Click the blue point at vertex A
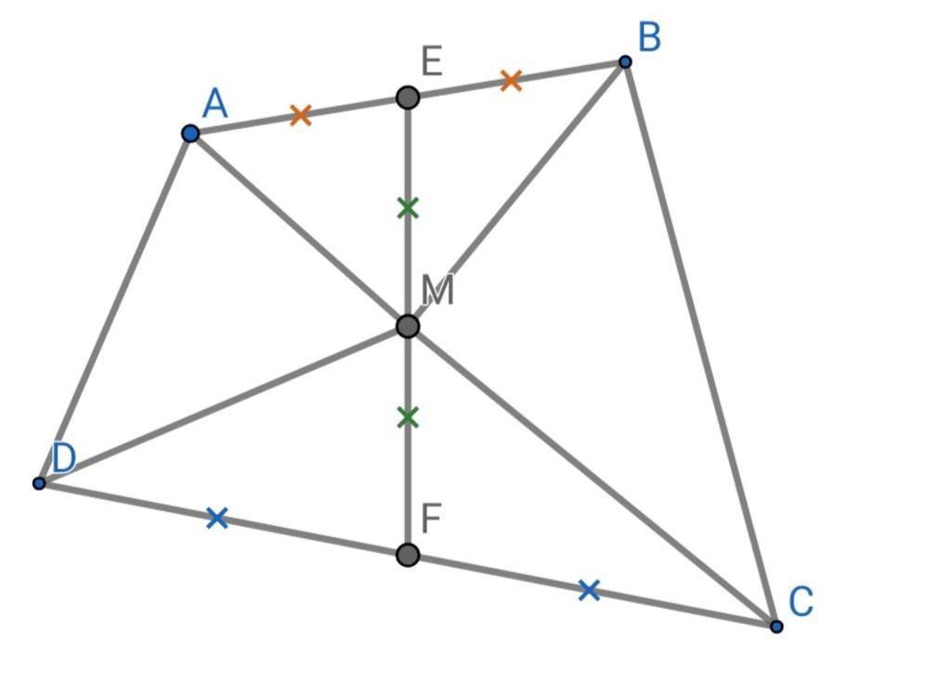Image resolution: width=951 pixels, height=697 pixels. point(190,134)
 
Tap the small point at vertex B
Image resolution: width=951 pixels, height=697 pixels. point(625,62)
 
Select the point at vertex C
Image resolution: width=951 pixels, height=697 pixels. point(776,626)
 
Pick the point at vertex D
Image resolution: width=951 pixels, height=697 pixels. point(39,483)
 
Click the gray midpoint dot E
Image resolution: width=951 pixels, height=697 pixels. point(408,97)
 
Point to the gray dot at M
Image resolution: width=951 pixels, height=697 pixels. point(408,326)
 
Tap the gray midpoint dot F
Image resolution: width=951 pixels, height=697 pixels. point(408,555)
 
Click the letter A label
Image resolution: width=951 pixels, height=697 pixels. point(215,103)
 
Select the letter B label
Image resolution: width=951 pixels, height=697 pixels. point(649,38)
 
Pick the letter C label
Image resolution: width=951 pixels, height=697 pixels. point(801,602)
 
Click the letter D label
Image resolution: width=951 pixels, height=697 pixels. point(63,458)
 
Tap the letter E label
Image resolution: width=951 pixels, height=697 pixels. point(431,62)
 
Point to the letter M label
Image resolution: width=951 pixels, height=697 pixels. point(437,291)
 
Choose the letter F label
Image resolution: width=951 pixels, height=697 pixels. point(431,519)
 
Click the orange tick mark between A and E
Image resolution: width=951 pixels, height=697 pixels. point(300,115)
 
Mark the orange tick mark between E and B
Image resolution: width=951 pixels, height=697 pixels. point(511,81)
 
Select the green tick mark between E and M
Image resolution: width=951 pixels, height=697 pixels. point(408,208)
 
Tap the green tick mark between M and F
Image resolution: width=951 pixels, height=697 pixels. point(408,418)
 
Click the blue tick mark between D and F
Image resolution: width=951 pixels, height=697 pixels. point(217,518)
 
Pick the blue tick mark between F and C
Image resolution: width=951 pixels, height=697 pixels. point(589,589)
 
